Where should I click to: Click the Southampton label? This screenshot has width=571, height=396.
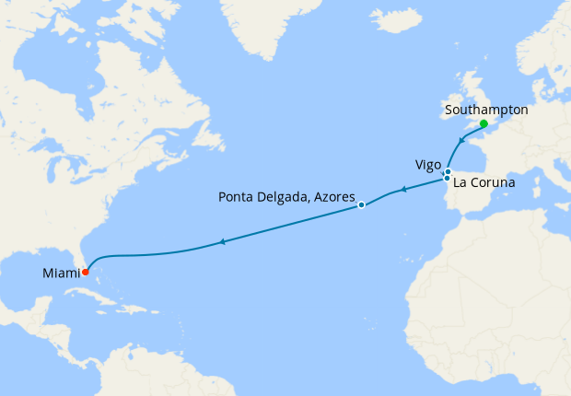point(485,110)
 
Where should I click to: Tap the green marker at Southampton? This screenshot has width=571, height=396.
point(484,123)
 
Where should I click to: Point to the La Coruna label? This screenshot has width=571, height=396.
point(484,183)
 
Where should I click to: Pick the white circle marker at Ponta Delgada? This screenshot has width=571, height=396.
point(362,204)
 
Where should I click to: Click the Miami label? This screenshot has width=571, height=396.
point(61,274)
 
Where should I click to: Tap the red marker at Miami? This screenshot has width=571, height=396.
point(85,272)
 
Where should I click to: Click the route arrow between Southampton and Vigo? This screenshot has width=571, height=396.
point(460,143)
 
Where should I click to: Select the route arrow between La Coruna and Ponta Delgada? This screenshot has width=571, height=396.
point(402,191)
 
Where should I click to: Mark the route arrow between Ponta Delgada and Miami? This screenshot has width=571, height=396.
point(222,242)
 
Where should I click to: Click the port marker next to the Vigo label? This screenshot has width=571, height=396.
point(448,171)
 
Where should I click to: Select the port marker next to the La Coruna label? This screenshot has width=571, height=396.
point(447,179)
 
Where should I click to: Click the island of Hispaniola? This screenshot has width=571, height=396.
point(148,309)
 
